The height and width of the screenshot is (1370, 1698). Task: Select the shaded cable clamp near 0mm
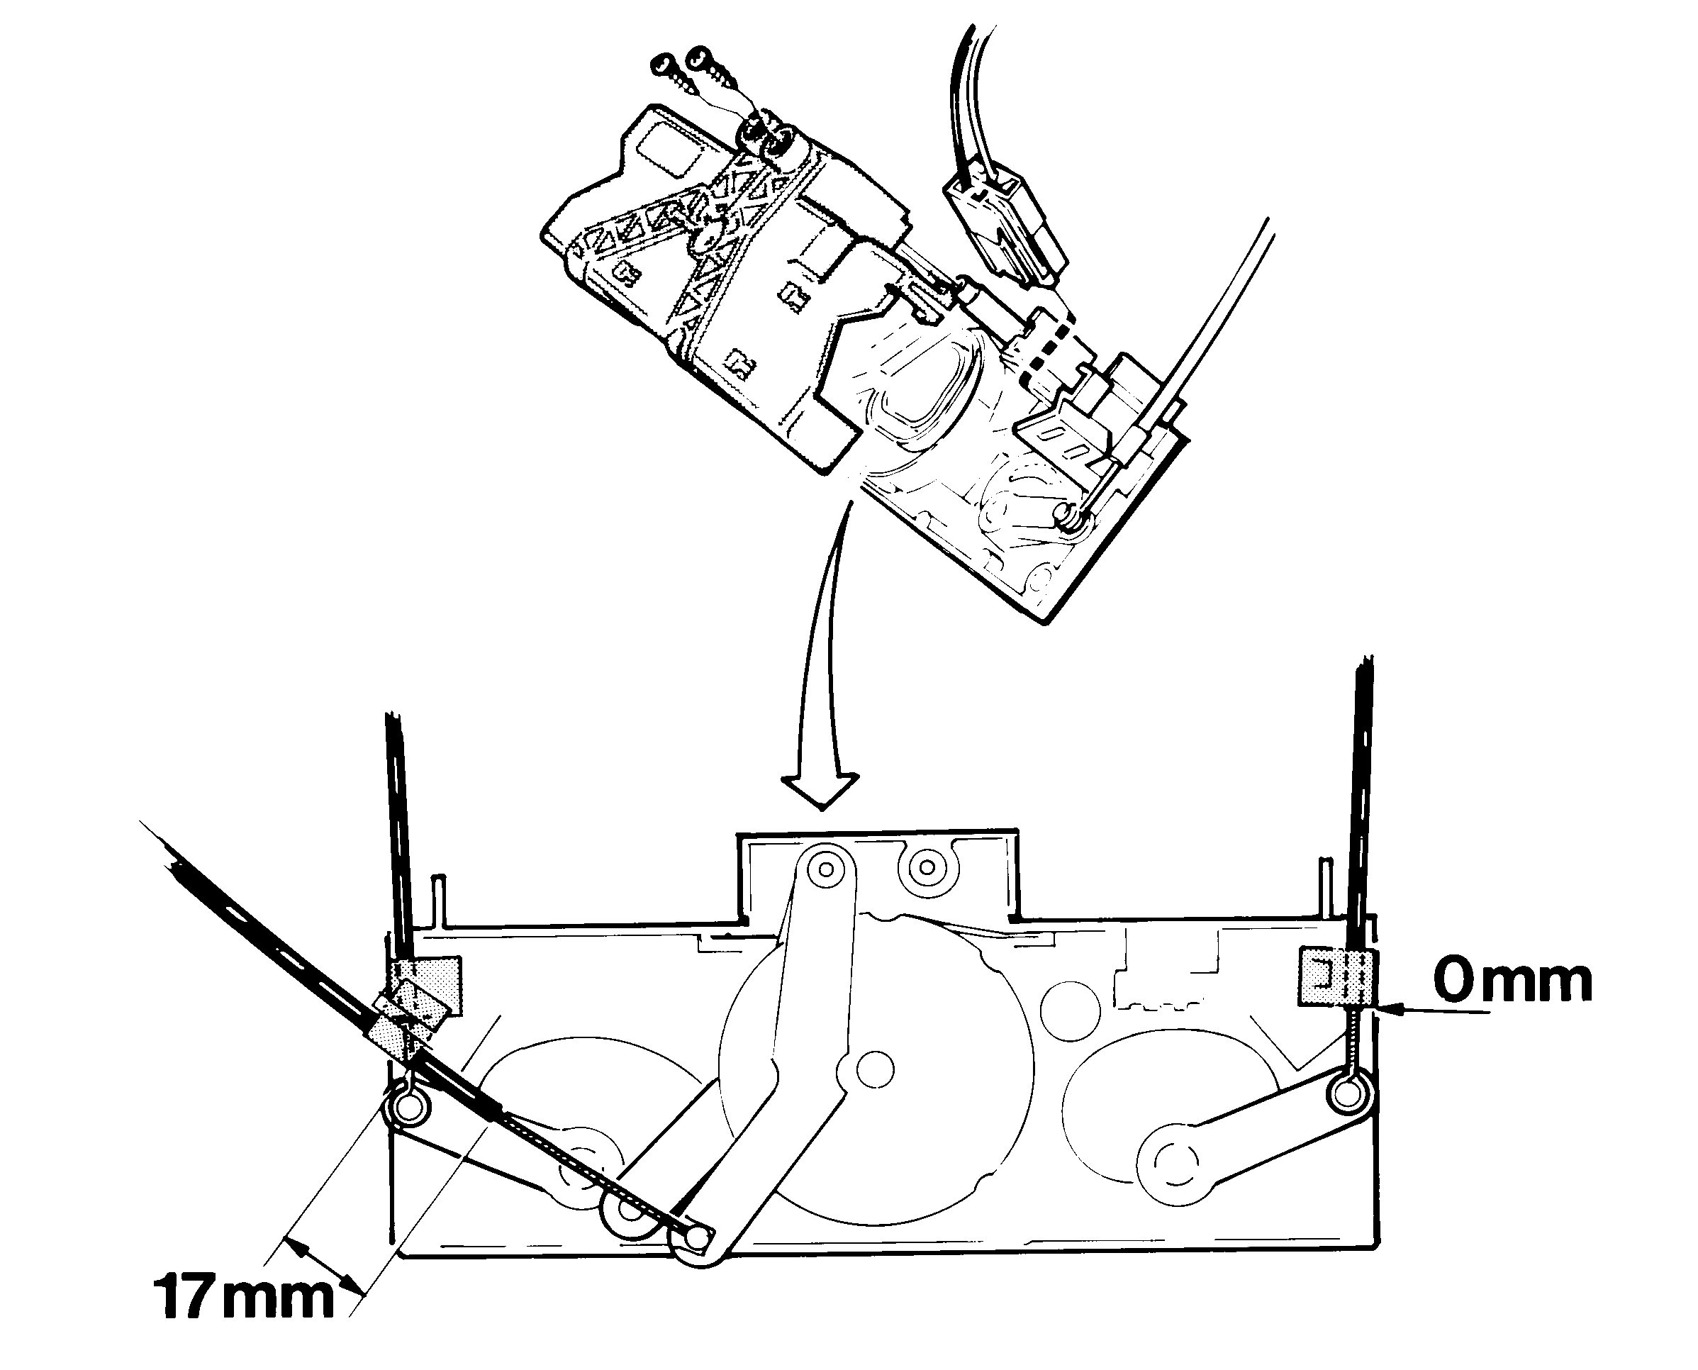[1336, 978]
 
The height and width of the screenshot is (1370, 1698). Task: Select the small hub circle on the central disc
[873, 1070]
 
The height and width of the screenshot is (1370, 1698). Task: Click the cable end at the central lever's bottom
[698, 1240]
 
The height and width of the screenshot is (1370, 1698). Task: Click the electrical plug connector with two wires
[1005, 224]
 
